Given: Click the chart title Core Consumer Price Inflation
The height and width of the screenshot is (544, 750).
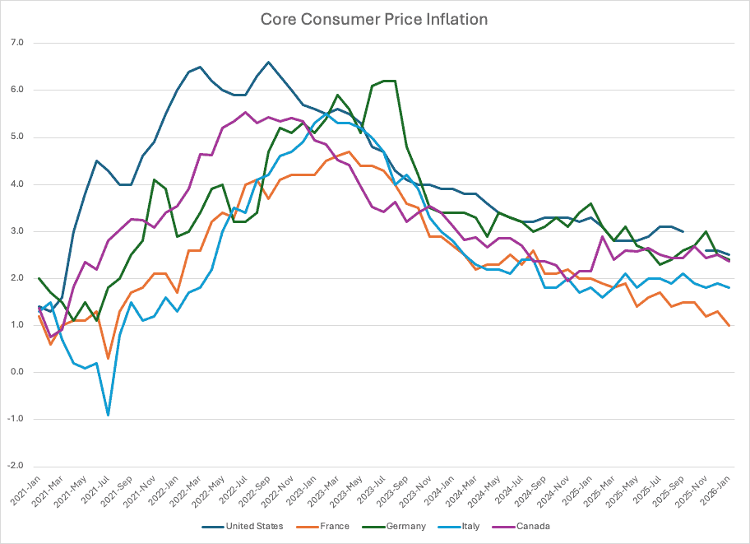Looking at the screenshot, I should coord(374,19).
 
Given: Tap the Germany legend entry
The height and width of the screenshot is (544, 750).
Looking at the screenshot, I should coord(404,526).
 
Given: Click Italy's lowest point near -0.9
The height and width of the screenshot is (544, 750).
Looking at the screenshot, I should coord(108,415).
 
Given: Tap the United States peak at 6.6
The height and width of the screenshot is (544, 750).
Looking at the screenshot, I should coord(268,62).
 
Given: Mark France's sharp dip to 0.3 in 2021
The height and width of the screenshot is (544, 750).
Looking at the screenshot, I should coord(108,358).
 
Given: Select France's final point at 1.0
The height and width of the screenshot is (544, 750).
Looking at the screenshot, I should coord(729,325).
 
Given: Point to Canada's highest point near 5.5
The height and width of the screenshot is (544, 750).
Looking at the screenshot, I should coord(245,113).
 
